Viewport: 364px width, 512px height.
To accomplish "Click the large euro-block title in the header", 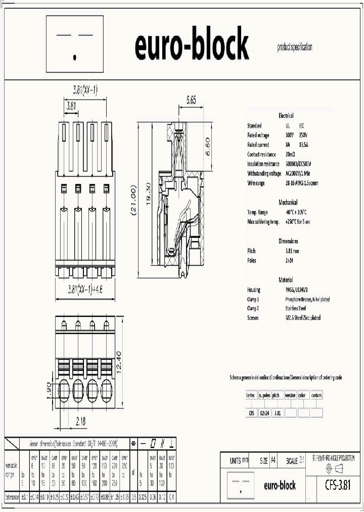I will pos(192,45).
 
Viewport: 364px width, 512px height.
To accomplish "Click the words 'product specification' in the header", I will pos(295,48).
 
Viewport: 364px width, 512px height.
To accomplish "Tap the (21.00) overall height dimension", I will pos(133,201).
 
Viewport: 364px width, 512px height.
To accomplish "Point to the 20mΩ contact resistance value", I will pos(290,154).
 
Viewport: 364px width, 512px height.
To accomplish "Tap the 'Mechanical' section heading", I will pos(288,202).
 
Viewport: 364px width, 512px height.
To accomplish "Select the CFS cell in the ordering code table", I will pos(251,413).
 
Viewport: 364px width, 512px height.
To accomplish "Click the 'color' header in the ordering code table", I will pos(302,395).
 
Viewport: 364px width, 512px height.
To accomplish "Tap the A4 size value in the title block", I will pos(273,461).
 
